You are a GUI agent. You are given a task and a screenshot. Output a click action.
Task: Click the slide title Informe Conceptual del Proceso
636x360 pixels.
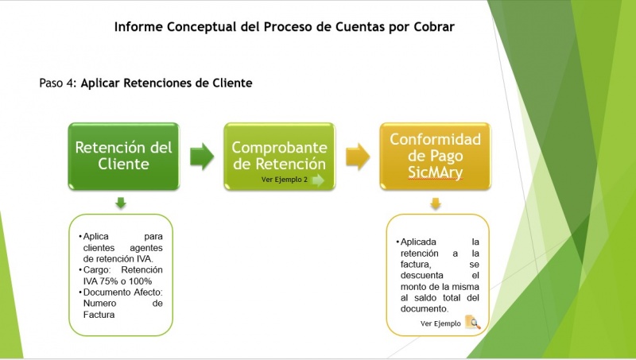pyautogui.click(x=284, y=27)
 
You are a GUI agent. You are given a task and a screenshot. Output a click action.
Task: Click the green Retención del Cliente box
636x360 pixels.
pyautogui.click(x=122, y=156)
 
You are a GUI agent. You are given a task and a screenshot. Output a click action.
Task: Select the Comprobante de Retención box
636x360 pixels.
pyautogui.click(x=279, y=156)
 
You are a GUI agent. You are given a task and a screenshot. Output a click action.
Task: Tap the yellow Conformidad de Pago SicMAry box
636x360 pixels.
pyautogui.click(x=435, y=156)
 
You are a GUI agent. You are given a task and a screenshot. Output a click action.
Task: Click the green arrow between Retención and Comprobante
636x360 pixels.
pyautogui.click(x=201, y=156)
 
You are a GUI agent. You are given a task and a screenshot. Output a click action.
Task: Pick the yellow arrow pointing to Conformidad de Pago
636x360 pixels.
pyautogui.click(x=357, y=156)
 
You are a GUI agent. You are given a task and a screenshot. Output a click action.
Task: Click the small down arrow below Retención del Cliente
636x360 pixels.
pyautogui.click(x=121, y=203)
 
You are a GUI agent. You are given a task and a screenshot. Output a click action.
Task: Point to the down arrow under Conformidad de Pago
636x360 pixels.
pyautogui.click(x=435, y=204)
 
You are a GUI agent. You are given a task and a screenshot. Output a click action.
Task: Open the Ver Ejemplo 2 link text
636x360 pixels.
pyautogui.click(x=284, y=180)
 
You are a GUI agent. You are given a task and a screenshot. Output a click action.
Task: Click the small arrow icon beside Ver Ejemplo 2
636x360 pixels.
pyautogui.click(x=318, y=180)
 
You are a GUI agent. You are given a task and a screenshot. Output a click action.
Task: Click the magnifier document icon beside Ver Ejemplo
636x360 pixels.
pyautogui.click(x=472, y=323)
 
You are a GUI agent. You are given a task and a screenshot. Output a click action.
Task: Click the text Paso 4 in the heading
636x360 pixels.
pyautogui.click(x=56, y=82)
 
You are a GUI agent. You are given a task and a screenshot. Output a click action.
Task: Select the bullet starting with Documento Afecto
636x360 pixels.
pyautogui.click(x=122, y=303)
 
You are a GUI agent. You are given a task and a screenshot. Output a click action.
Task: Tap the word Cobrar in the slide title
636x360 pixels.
pyautogui.click(x=434, y=27)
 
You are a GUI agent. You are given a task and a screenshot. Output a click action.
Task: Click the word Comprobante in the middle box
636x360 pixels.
pyautogui.click(x=279, y=148)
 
